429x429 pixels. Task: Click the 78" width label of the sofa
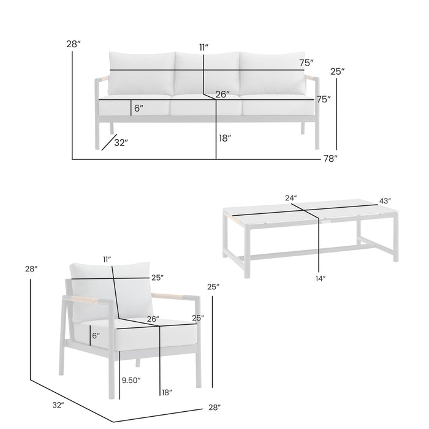[x=331, y=159]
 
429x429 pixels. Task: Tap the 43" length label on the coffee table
[x=385, y=200]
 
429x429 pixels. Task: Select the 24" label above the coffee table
[x=290, y=198]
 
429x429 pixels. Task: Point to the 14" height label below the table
[x=320, y=278]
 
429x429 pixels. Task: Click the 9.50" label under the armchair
[x=131, y=380]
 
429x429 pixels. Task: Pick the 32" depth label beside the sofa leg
[x=121, y=143]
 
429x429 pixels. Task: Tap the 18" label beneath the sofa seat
[x=225, y=139]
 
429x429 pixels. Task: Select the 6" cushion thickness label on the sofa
[x=139, y=108]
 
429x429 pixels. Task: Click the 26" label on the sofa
[x=222, y=94]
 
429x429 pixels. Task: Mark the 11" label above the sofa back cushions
[x=203, y=47]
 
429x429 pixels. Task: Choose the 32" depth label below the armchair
[x=58, y=405]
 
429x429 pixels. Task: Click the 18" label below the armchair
[x=165, y=392]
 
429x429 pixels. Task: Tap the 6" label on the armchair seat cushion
[x=96, y=335]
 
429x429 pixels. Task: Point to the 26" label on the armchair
[x=153, y=319]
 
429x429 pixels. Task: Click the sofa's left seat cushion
[x=134, y=107]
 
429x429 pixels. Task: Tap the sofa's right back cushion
[x=273, y=72]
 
